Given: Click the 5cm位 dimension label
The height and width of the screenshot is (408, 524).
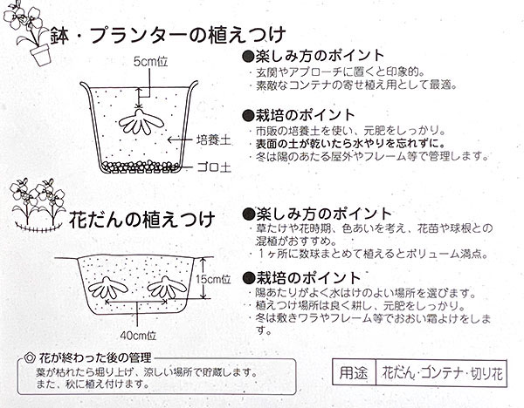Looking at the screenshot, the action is click(x=150, y=62).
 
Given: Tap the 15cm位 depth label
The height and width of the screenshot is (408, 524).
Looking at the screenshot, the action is click(x=213, y=279).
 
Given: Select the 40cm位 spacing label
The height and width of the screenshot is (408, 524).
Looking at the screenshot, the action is click(x=138, y=336).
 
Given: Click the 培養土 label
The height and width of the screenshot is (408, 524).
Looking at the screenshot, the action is click(x=214, y=139).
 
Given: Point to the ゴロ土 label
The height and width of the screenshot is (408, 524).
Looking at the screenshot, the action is click(x=214, y=167).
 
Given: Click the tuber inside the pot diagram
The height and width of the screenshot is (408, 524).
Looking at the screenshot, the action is click(x=141, y=121).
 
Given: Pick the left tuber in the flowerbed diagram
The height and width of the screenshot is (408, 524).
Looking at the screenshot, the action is click(x=107, y=288).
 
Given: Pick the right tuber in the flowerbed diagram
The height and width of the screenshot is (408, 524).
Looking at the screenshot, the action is click(x=167, y=287).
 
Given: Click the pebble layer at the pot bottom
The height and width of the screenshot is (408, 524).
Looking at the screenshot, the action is click(x=140, y=167).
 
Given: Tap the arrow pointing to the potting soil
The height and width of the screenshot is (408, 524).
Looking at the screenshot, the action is click(x=180, y=139).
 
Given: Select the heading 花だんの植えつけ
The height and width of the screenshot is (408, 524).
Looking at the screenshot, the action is click(x=141, y=220).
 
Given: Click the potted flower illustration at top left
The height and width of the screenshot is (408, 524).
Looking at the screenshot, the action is click(x=28, y=33).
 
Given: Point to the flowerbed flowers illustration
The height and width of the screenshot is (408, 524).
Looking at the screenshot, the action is click(x=38, y=205).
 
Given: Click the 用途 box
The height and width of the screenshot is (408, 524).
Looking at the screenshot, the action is click(x=354, y=372).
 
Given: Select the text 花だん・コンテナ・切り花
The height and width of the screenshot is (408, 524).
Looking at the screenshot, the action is click(x=442, y=373).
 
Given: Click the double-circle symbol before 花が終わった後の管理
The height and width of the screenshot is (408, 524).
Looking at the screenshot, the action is click(x=30, y=358).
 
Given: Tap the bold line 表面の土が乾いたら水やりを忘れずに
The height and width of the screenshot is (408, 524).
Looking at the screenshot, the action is click(x=350, y=144).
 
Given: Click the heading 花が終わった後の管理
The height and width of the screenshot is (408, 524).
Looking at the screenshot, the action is click(x=95, y=358).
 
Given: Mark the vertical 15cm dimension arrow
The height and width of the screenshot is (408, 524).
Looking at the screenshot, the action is click(x=203, y=278).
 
